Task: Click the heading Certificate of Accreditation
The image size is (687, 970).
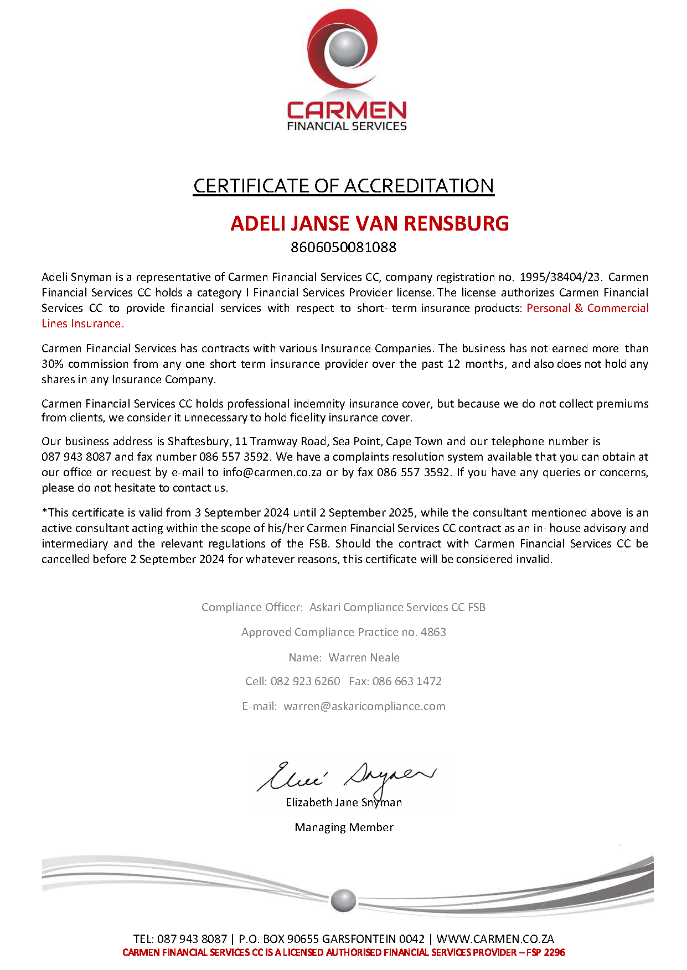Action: pyautogui.click(x=343, y=186)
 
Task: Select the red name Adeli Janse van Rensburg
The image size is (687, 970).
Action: pyautogui.click(x=369, y=223)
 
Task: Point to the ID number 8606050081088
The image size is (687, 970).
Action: pyautogui.click(x=343, y=247)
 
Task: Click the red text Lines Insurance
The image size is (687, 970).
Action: pyautogui.click(x=82, y=324)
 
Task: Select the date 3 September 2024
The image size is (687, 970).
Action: pyautogui.click(x=242, y=513)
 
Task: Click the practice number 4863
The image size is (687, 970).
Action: pyautogui.click(x=433, y=632)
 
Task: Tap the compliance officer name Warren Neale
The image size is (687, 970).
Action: pyautogui.click(x=364, y=658)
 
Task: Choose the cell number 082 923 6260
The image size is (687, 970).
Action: pyautogui.click(x=305, y=681)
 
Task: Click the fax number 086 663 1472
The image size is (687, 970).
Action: pyautogui.click(x=407, y=681)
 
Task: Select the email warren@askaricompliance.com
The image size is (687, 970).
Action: pyautogui.click(x=364, y=706)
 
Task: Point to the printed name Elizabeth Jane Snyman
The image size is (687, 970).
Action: pyautogui.click(x=344, y=802)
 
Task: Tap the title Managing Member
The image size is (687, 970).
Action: pyautogui.click(x=344, y=827)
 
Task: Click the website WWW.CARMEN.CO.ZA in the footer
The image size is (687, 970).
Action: pyautogui.click(x=495, y=938)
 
